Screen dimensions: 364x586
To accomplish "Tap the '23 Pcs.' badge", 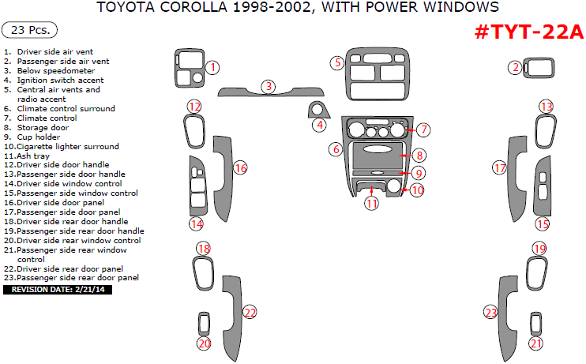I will (29, 31).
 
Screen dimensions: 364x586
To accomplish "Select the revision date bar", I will (58, 290).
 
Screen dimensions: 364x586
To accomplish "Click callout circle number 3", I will (269, 86).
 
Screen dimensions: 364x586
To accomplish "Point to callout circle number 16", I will (241, 167).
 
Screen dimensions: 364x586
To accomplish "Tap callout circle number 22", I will (250, 313).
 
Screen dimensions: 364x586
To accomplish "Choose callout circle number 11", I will (371, 203).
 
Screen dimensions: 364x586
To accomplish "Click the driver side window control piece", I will (197, 185).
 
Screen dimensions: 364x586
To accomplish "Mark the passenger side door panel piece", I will (517, 178).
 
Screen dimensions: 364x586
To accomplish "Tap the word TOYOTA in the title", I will (126, 8).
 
